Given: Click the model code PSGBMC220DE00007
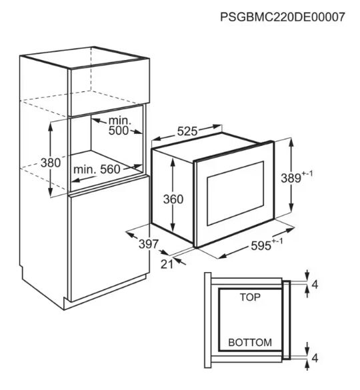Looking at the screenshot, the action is point(283,17).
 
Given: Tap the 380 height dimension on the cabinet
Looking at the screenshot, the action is point(51,163).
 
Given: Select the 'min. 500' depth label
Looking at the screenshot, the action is point(119,125).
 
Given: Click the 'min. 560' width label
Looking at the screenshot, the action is point(97,169).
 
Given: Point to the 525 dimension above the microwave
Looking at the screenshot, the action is point(187,131).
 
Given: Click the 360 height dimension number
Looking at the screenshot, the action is point(173,199).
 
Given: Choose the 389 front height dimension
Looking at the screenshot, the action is point(296,177).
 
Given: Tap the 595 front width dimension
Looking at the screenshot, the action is point(267,245).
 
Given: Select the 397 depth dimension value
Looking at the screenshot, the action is point(149,244).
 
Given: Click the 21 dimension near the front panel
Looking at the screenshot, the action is point(167,264).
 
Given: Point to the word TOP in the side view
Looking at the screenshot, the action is point(250,297).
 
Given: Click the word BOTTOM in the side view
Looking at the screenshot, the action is point(250,343).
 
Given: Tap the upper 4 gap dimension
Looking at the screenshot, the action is point(315,284).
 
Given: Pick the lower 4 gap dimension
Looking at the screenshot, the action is point(315,358).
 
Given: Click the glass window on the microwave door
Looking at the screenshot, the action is point(235,193).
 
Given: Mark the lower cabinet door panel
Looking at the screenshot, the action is point(109,238).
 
